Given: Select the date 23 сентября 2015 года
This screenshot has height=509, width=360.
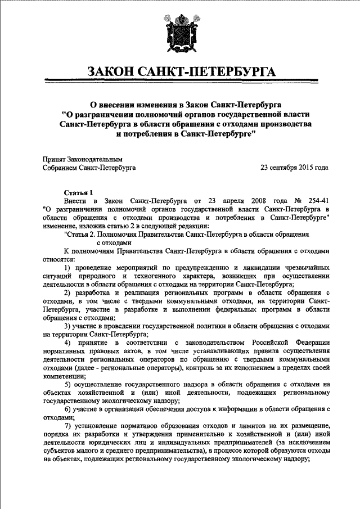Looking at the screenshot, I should point(294,168).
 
